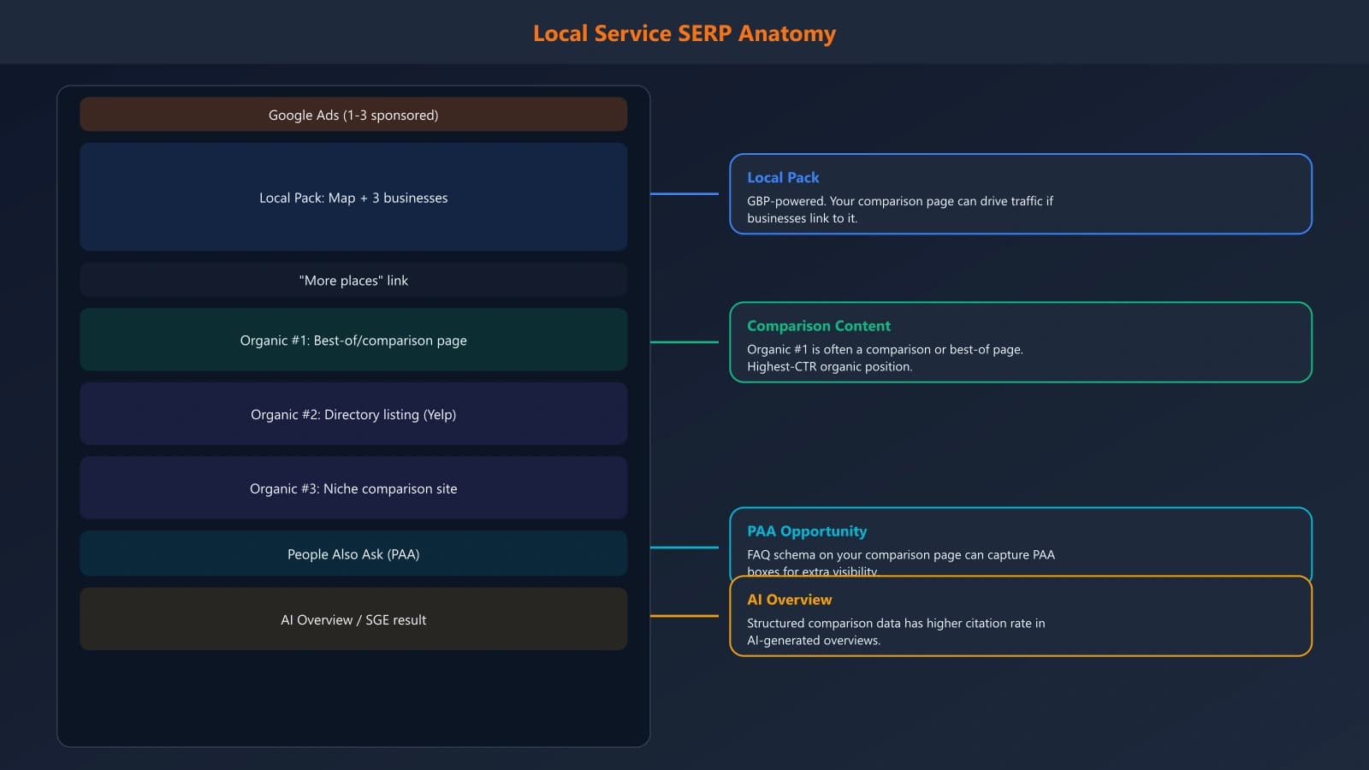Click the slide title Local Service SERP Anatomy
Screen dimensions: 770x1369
(684, 33)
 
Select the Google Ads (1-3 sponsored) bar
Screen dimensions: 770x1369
(353, 115)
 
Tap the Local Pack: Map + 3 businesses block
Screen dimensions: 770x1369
(353, 198)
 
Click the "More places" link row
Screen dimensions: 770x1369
(353, 281)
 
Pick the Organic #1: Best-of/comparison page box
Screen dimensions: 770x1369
(353, 341)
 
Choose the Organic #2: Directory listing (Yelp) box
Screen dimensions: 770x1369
(353, 415)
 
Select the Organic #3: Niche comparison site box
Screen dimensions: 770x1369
(353, 489)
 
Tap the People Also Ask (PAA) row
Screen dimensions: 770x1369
(353, 554)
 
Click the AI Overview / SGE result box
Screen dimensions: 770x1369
(353, 619)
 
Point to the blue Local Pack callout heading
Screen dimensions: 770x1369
(783, 178)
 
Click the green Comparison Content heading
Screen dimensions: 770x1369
(818, 326)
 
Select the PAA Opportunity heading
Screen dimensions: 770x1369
(806, 531)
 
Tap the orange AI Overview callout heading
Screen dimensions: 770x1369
(789, 600)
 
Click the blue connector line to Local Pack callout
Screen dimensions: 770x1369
(684, 194)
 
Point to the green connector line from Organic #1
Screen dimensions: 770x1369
(684, 342)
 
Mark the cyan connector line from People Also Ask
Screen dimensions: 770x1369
(684, 548)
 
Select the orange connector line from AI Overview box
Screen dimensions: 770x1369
(684, 616)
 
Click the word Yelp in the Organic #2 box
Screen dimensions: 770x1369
(440, 415)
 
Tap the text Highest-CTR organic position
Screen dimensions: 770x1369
(829, 367)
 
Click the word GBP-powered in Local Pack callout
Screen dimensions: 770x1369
(785, 201)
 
